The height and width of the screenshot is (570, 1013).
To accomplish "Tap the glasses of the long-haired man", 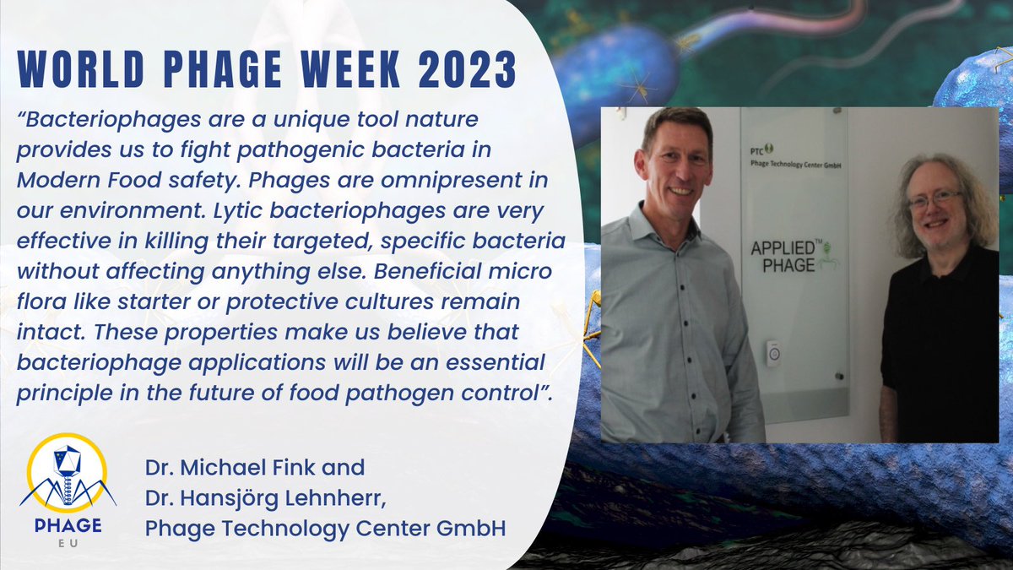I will point(934,200).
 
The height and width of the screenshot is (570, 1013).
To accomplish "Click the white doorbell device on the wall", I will point(772,353).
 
